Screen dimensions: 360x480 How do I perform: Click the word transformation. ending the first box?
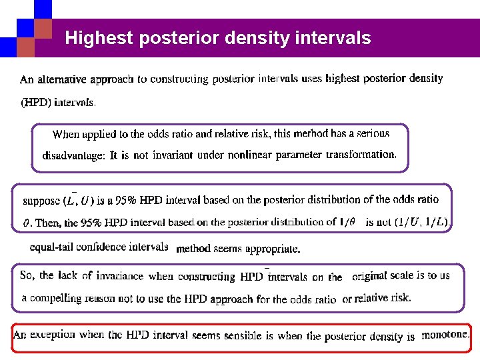click(361, 154)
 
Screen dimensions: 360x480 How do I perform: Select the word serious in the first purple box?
click(372, 133)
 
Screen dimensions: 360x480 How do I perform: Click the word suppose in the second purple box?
click(41, 200)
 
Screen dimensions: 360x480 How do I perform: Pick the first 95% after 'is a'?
click(126, 200)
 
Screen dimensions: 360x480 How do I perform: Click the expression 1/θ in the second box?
click(347, 222)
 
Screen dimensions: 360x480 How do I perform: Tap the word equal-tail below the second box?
click(51, 247)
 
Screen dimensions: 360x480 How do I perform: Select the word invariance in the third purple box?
click(119, 276)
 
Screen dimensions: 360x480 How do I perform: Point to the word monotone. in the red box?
click(445, 335)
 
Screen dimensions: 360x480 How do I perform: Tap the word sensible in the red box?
click(251, 336)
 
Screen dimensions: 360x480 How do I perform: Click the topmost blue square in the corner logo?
click(43, 8)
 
